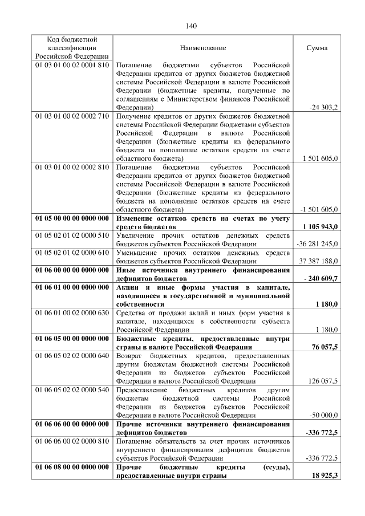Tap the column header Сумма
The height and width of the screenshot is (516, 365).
317,48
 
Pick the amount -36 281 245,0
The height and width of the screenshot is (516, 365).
318,244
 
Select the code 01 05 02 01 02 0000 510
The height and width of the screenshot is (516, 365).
72,235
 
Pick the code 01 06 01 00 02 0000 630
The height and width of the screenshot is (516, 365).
72,312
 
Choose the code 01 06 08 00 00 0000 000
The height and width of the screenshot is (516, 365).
72,467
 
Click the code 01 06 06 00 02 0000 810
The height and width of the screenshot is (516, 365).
72,441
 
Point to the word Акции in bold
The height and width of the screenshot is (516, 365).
128,287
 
